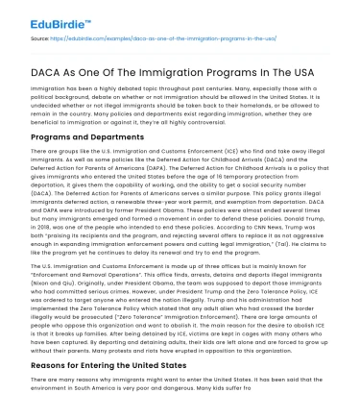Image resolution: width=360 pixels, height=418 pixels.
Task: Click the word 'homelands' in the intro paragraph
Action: pyautogui.click(x=248, y=104)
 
